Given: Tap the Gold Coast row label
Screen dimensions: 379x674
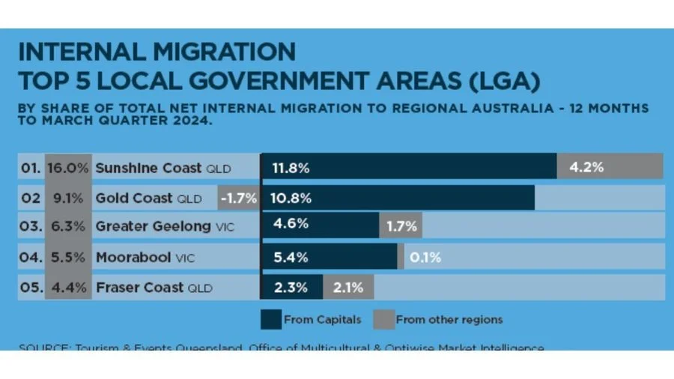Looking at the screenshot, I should click(148, 198).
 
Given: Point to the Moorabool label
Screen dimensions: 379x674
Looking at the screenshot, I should click(145, 258).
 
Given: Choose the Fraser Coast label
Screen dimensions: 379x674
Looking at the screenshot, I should click(154, 288).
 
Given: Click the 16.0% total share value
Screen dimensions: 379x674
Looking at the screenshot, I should click(68, 168).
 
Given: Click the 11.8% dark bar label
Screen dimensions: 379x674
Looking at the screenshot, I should click(291, 168).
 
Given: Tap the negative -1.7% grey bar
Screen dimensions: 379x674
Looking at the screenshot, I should click(239, 198).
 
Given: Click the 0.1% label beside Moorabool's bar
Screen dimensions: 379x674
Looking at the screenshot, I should click(424, 258).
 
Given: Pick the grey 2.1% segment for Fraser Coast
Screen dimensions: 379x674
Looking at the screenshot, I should click(347, 286).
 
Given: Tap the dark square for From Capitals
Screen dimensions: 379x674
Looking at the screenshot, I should click(270, 320).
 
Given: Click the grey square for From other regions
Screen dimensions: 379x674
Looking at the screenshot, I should click(383, 320).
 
